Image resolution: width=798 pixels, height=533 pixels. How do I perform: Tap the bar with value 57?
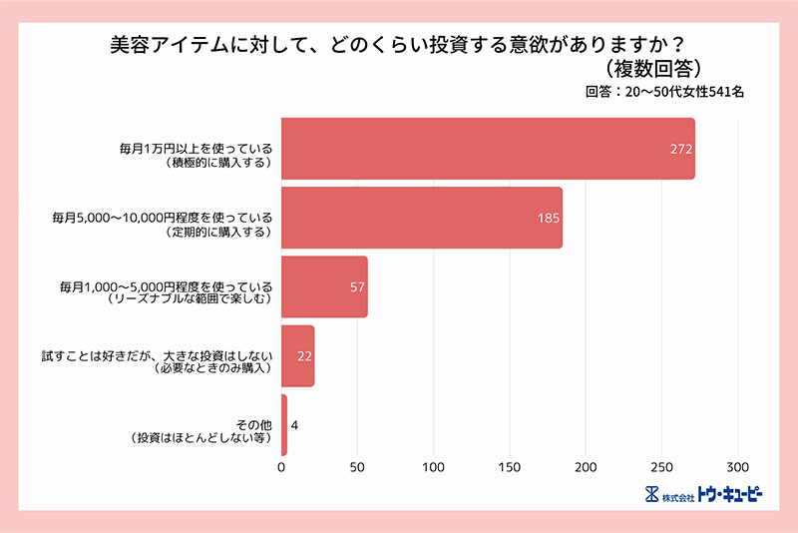pos(324,286)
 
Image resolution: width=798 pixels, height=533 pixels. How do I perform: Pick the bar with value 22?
pos(297,356)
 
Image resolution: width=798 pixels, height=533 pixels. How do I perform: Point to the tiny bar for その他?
pos(284,425)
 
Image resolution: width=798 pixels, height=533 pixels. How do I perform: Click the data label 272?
pos(681,149)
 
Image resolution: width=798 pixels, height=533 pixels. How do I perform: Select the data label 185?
pos(549,218)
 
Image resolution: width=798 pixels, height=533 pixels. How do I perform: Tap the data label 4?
pos(294,425)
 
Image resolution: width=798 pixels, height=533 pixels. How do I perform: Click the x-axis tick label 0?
pos(281,466)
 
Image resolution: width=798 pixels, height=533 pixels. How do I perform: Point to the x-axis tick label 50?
pos(357,466)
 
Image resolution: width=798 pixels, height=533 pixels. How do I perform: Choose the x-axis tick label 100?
pos(433,466)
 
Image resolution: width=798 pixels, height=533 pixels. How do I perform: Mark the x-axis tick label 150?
pos(510,466)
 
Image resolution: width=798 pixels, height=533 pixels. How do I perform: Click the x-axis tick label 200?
pos(586,466)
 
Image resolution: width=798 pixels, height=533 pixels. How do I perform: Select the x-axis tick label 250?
pos(661,466)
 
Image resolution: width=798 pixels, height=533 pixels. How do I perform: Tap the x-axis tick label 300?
pos(737,466)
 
